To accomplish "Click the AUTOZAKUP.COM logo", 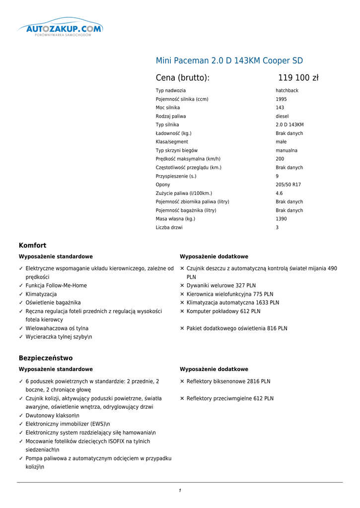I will [x=61, y=29].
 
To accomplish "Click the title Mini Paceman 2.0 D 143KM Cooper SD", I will [x=229, y=61].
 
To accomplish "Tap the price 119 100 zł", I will [x=298, y=78].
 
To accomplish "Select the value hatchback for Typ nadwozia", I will [x=287, y=91].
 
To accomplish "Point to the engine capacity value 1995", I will [x=281, y=99].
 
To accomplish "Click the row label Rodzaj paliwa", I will [x=170, y=117].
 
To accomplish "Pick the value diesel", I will [x=282, y=117].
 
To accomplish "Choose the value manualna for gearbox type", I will [x=287, y=151].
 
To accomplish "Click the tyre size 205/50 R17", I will [x=288, y=185].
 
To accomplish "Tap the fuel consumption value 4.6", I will [x=279, y=193].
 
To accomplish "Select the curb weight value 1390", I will [x=281, y=219].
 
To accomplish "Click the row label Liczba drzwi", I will [x=169, y=228].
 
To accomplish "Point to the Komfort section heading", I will [x=32, y=246].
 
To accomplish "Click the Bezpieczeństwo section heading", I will [x=46, y=358].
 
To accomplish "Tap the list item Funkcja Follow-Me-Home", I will [x=56, y=286].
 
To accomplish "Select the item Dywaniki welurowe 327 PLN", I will [x=221, y=286].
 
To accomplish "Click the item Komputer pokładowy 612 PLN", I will [x=223, y=312].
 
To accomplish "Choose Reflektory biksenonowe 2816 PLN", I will [x=228, y=381].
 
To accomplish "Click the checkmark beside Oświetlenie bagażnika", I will [x=21, y=303].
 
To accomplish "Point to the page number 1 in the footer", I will [x=180, y=491].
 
